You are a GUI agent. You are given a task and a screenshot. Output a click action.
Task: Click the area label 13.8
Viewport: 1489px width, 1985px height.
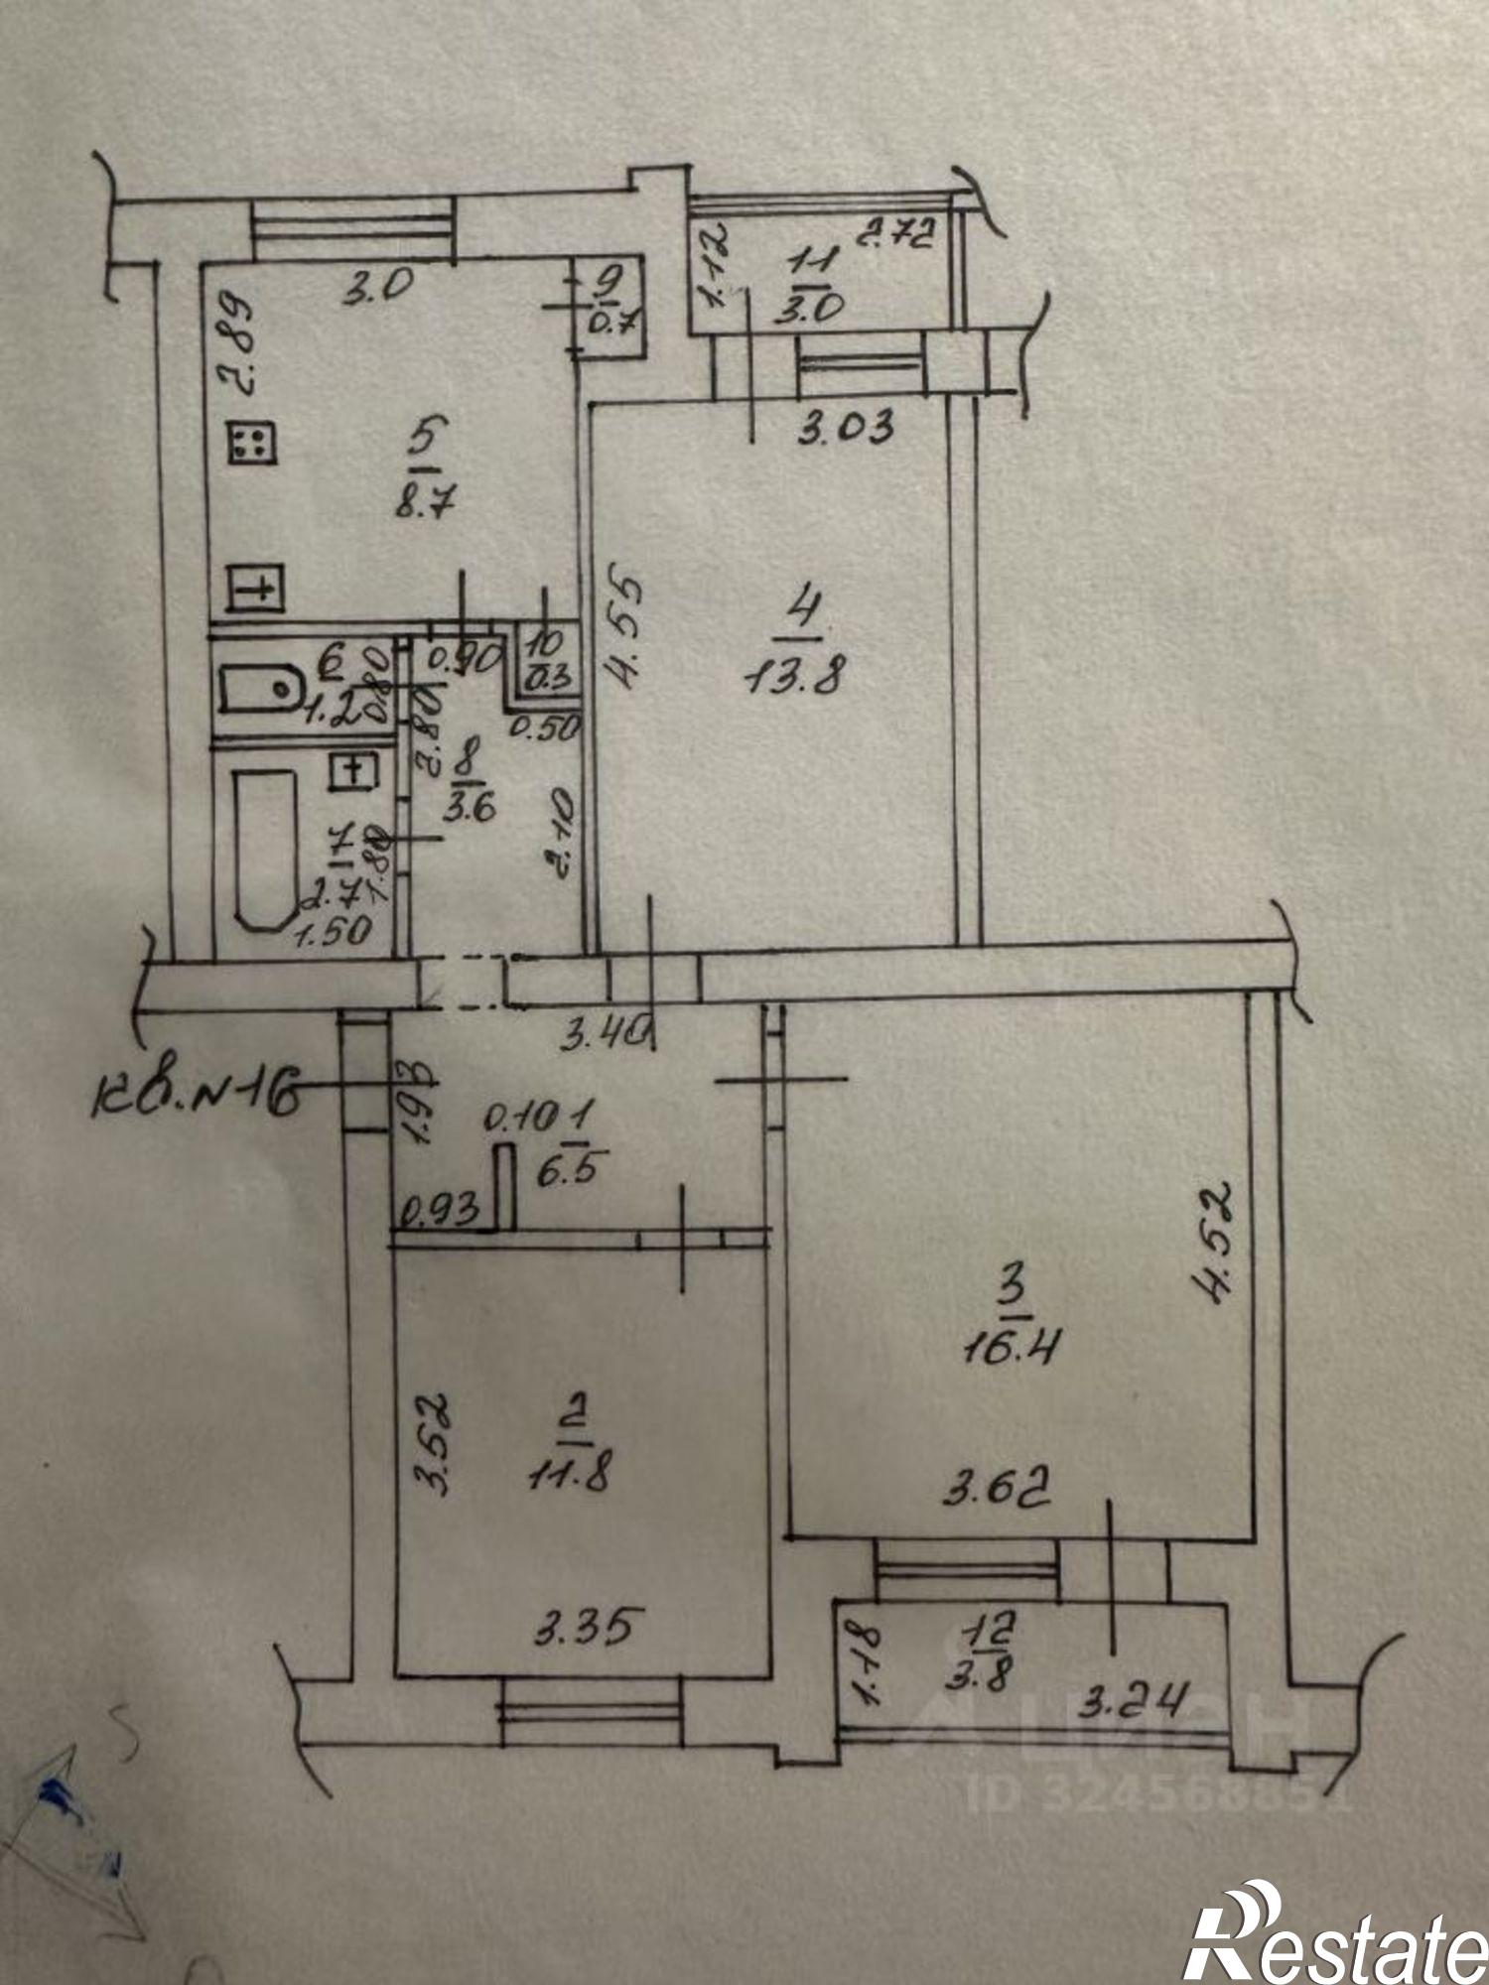(x=793, y=680)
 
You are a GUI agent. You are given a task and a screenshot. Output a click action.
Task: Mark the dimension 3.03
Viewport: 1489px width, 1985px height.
(x=847, y=427)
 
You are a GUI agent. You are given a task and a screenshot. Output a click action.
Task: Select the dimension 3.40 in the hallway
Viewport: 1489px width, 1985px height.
(x=607, y=1039)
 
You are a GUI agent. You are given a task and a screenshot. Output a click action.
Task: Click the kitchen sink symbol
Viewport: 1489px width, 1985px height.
(x=257, y=589)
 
